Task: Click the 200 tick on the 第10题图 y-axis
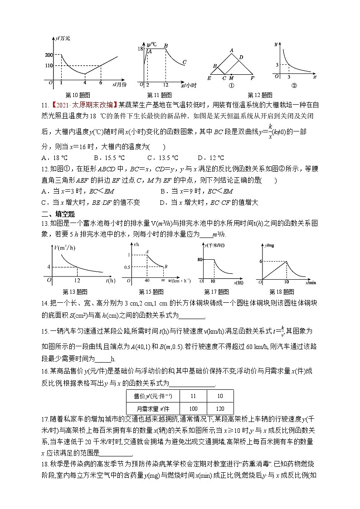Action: point(49,55)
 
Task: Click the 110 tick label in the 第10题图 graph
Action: point(49,66)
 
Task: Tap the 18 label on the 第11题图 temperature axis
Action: point(141,48)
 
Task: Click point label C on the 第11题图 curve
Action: point(184,62)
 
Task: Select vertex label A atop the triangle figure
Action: point(231,50)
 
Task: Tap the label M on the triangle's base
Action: point(231,78)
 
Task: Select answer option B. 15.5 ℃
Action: point(109,158)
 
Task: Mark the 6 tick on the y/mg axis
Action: point(261,262)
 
